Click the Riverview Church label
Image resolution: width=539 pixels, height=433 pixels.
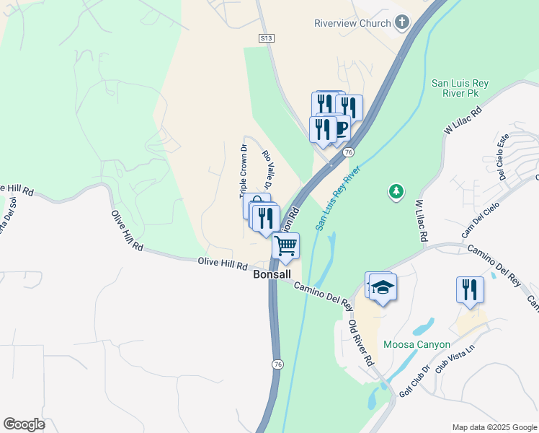click(x=352, y=23)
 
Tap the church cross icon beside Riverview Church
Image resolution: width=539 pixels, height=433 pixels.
click(x=401, y=23)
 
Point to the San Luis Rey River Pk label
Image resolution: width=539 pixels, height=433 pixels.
click(x=460, y=89)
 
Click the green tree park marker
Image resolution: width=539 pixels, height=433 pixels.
click(x=396, y=191)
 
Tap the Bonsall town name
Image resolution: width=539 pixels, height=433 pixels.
click(x=272, y=275)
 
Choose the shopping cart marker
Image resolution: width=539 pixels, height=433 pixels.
click(x=286, y=247)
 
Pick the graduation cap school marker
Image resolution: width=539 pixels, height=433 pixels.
click(x=383, y=288)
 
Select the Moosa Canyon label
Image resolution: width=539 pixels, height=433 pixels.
click(x=417, y=344)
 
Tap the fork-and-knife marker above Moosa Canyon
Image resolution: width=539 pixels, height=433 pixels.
click(x=470, y=290)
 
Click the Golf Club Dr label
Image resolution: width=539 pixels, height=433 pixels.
click(x=415, y=380)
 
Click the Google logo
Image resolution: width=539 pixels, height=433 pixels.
click(x=24, y=424)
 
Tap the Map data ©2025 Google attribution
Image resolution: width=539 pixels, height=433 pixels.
click(x=494, y=427)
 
